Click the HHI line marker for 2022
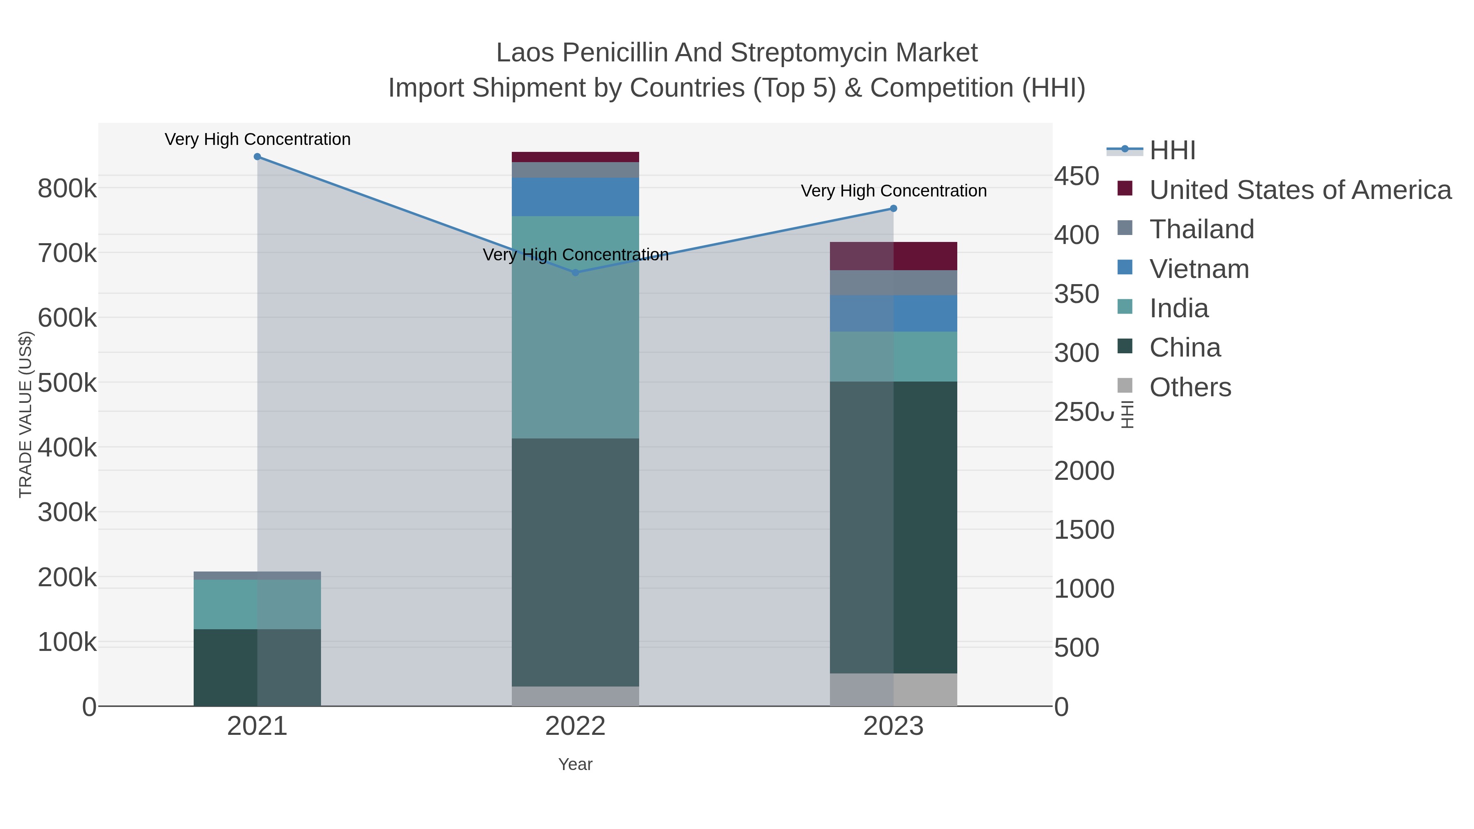[x=575, y=272]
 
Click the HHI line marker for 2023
[x=893, y=208]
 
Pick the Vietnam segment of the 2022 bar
[x=575, y=197]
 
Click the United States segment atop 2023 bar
[x=893, y=256]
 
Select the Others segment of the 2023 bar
[x=893, y=689]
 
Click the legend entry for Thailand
[x=1202, y=229]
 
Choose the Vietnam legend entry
[x=1199, y=269]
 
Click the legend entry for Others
[x=1190, y=387]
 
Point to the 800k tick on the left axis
[x=67, y=188]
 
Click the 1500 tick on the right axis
[x=1084, y=530]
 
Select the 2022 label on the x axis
[x=575, y=727]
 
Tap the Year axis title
[x=575, y=764]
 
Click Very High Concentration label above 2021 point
[x=258, y=139]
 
